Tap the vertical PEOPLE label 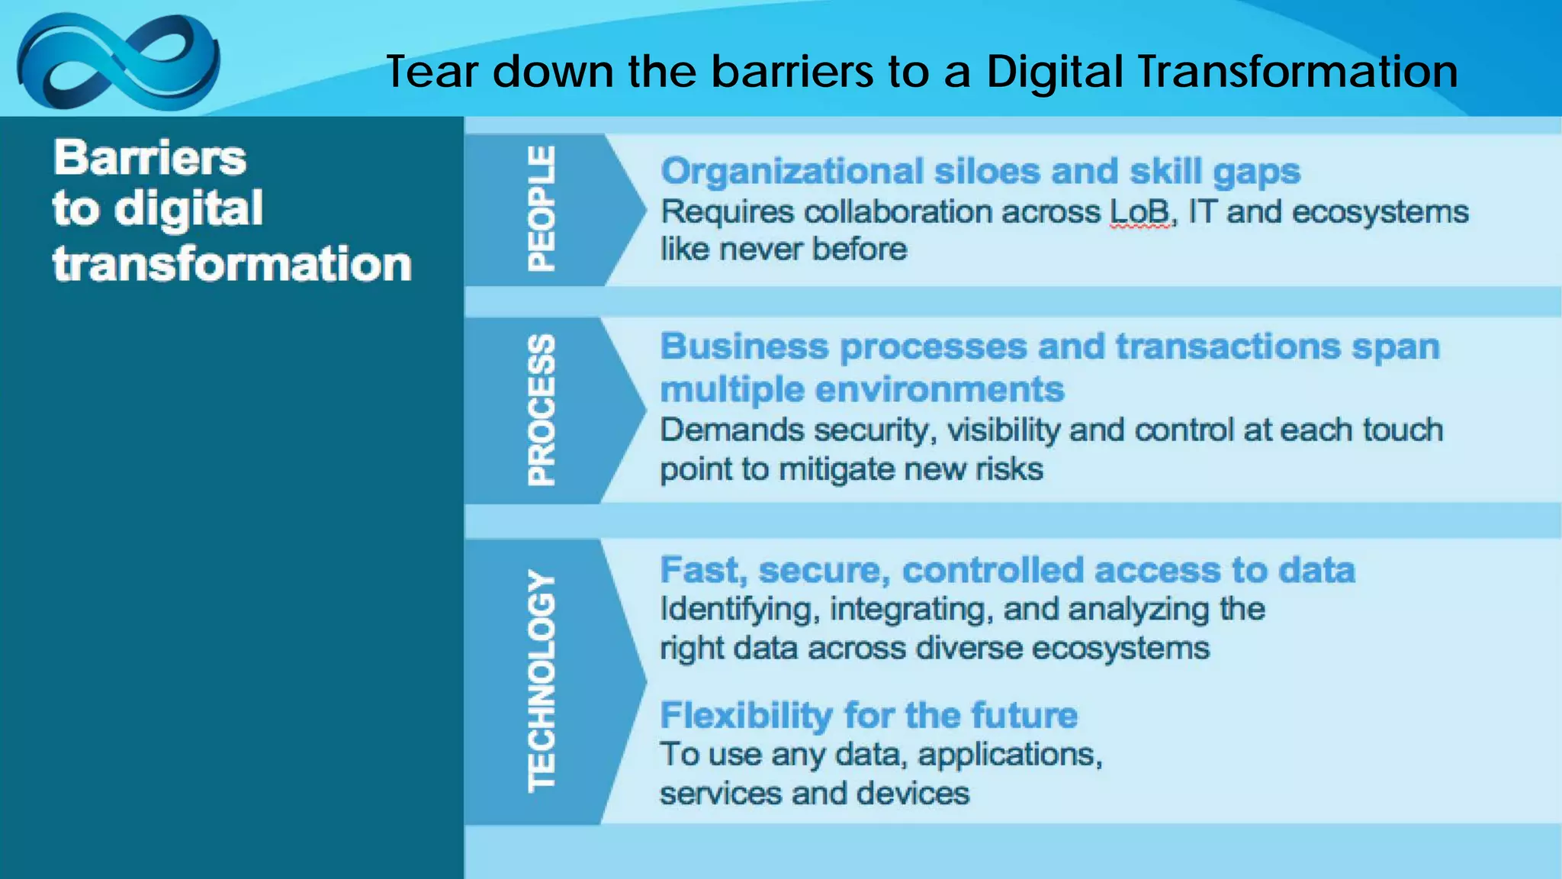pos(542,208)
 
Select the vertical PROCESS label pos(542,410)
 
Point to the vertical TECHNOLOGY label pos(542,681)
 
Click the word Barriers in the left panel pos(150,158)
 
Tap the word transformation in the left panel pos(232,264)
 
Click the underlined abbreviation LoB pos(1139,212)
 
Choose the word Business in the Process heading pos(744,346)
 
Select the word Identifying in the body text pos(739,610)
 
